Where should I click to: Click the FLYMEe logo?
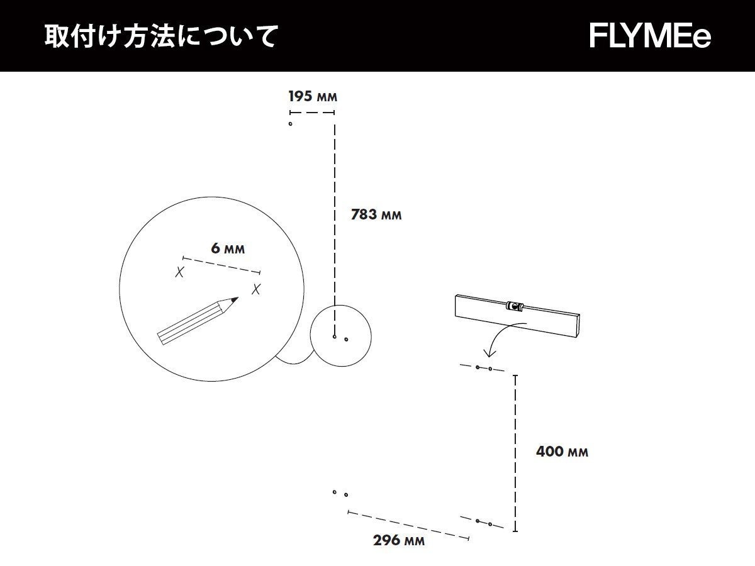[x=650, y=36]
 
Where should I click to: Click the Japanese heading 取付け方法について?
[x=160, y=36]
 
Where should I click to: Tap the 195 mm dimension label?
[x=313, y=97]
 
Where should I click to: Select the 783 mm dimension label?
[x=376, y=214]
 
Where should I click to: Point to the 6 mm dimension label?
[x=228, y=248]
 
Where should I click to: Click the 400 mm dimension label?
[x=562, y=452]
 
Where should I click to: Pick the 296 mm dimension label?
[x=398, y=540]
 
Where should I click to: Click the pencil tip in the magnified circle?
[x=236, y=299]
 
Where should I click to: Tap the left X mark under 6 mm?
[x=180, y=272]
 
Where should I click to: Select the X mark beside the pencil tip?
[x=256, y=289]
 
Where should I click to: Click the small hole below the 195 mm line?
[x=290, y=124]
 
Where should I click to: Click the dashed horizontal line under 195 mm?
[x=311, y=113]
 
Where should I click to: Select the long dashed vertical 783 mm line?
[x=335, y=226]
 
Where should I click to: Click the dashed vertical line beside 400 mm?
[x=516, y=453]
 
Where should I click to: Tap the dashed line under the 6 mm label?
[x=221, y=265]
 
